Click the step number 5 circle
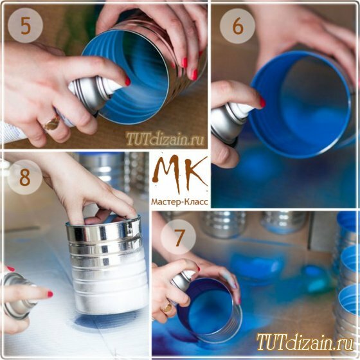tap(26, 26)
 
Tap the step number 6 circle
tap(237, 26)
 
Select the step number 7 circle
tap(178, 237)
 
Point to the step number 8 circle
tap(25, 177)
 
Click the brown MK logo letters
tap(180, 174)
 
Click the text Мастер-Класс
tap(180, 202)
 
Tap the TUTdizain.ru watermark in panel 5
tap(165, 139)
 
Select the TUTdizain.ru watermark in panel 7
tap(305, 342)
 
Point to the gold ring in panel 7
tap(167, 307)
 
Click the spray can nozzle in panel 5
tap(109, 85)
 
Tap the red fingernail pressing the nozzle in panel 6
tap(262, 102)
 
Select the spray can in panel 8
tap(17, 296)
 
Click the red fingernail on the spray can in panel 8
tap(50, 294)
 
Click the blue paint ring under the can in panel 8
tap(108, 319)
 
